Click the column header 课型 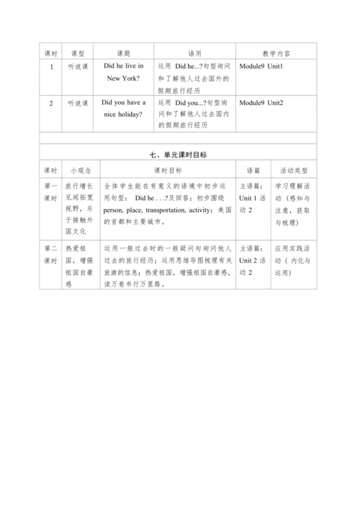76,53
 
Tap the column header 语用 194,53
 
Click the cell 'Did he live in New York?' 124,73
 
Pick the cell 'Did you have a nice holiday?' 124,109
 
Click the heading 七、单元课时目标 180,155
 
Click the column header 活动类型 295,171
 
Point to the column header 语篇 253,171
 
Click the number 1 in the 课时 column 50,67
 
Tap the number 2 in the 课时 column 50,104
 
